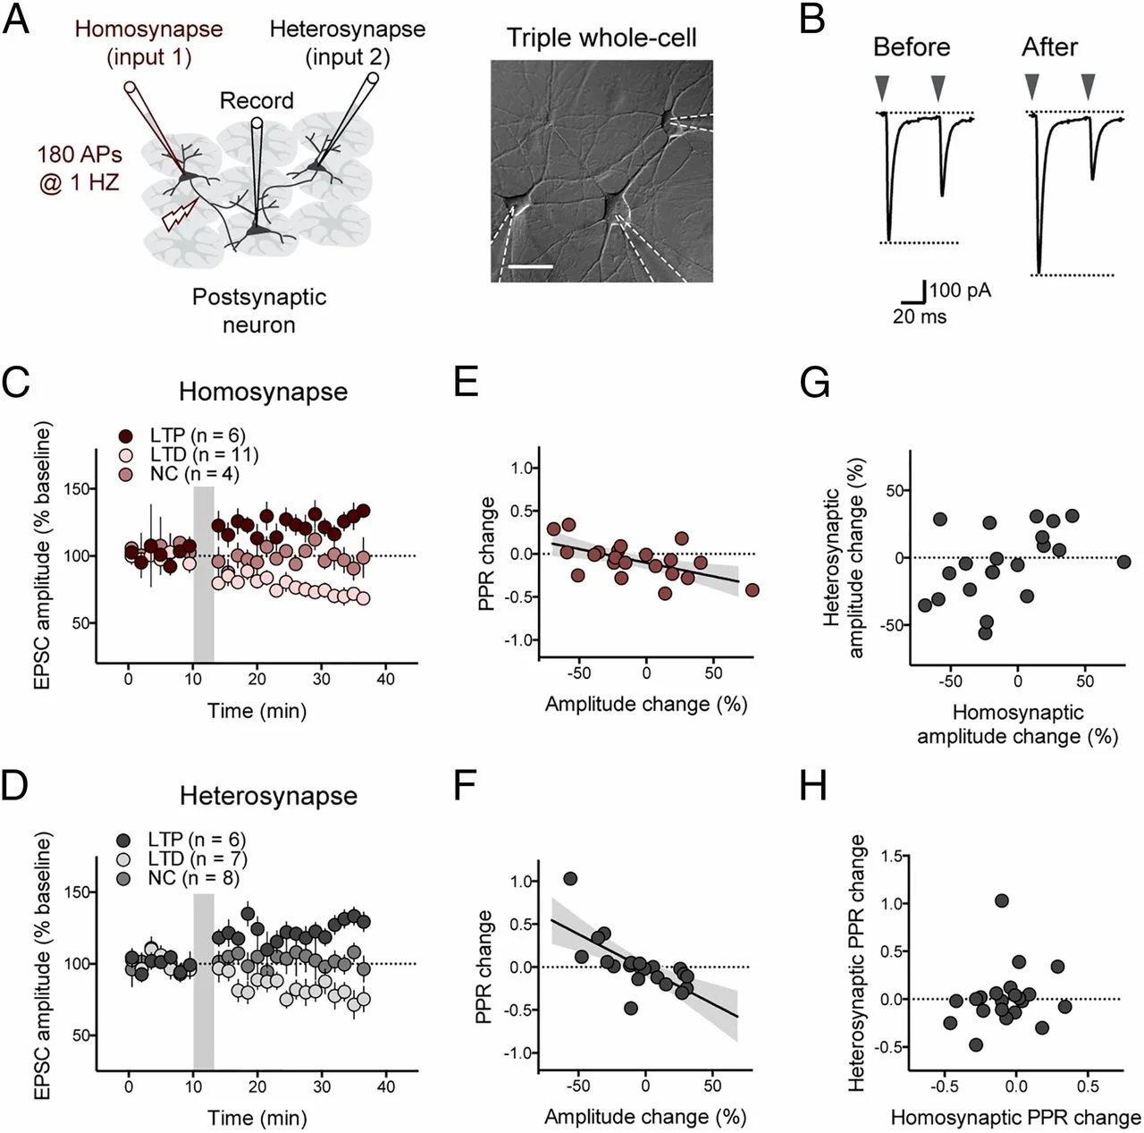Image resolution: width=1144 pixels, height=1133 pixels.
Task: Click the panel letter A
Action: coord(16,19)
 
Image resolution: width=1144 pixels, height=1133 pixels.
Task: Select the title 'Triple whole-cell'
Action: coord(601,38)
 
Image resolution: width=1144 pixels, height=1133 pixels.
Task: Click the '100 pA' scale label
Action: coord(960,290)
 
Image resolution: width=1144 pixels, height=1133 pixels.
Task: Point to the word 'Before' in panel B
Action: coord(912,47)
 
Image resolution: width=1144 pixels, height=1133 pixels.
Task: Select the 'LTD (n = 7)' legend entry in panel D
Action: coord(187,858)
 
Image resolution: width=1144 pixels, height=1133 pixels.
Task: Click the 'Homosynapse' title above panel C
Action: coord(263,392)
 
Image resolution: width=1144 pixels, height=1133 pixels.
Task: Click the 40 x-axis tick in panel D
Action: coord(385,1086)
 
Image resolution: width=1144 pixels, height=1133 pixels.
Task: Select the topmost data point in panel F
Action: coord(570,879)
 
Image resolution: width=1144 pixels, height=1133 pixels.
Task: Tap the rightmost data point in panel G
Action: coord(1123,562)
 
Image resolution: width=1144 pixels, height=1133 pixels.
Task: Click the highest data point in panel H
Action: coord(1002,900)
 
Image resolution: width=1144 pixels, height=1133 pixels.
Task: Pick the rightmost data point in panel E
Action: coord(752,590)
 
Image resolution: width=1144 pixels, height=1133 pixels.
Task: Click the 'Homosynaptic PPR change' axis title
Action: coord(1015,1117)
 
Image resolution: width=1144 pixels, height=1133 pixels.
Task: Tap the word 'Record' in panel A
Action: coord(257,100)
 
